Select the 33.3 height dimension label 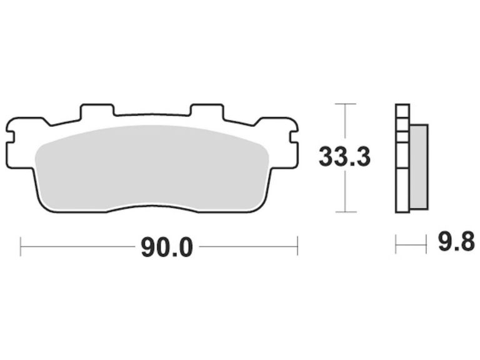344,156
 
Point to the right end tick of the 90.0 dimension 297,246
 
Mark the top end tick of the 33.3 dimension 345,104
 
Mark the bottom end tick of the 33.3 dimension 345,212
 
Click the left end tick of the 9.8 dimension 396,244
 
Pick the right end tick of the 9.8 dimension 426,244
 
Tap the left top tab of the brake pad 97,111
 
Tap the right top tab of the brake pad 206,111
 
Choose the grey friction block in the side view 418,166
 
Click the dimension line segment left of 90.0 78,246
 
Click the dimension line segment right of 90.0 247,246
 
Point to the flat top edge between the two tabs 152,115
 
